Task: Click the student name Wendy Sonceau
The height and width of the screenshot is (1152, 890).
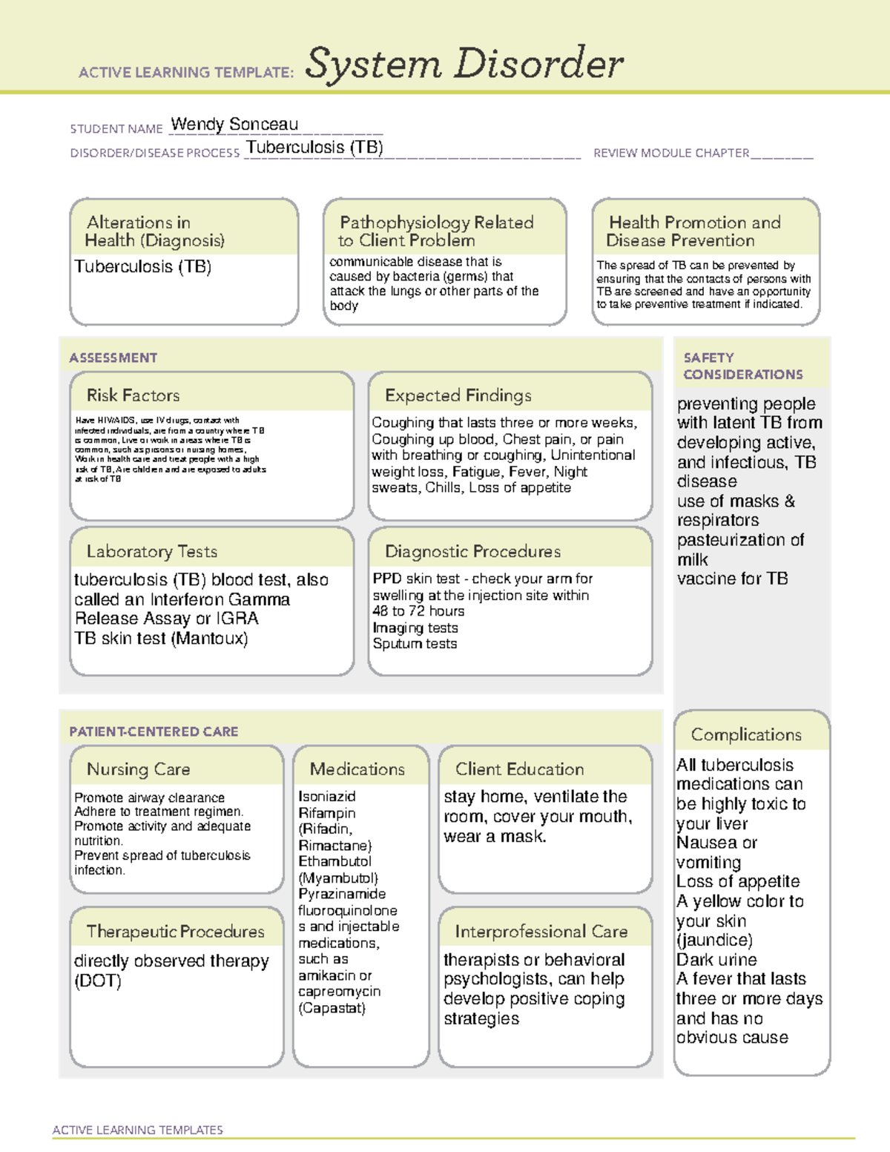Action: pos(234,125)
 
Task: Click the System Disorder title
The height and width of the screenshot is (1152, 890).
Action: pos(464,64)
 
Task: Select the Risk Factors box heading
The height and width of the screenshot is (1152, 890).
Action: pos(133,395)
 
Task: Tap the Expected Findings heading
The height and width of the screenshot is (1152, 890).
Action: pos(458,395)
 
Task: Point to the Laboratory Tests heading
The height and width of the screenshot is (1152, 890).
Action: pos(151,551)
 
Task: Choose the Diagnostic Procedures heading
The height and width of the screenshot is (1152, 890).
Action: pos(472,551)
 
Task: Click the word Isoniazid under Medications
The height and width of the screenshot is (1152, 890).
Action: pos(327,797)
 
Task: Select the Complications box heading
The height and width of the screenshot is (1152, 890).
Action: pos(746,734)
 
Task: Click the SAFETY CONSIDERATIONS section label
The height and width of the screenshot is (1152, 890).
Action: pos(742,366)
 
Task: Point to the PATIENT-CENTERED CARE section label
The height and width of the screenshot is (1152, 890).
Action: pos(154,731)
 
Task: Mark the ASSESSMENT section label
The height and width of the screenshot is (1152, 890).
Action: pos(113,358)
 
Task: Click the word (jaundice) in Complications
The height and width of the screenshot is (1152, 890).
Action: pos(714,940)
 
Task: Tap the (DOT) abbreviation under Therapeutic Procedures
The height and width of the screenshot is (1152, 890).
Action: pos(97,981)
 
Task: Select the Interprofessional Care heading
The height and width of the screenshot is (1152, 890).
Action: pos(541,931)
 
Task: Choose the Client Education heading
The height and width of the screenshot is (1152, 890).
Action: pos(519,769)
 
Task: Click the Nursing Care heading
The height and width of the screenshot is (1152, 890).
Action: pos(138,769)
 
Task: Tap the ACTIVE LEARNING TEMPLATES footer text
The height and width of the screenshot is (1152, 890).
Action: pos(137,1130)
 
